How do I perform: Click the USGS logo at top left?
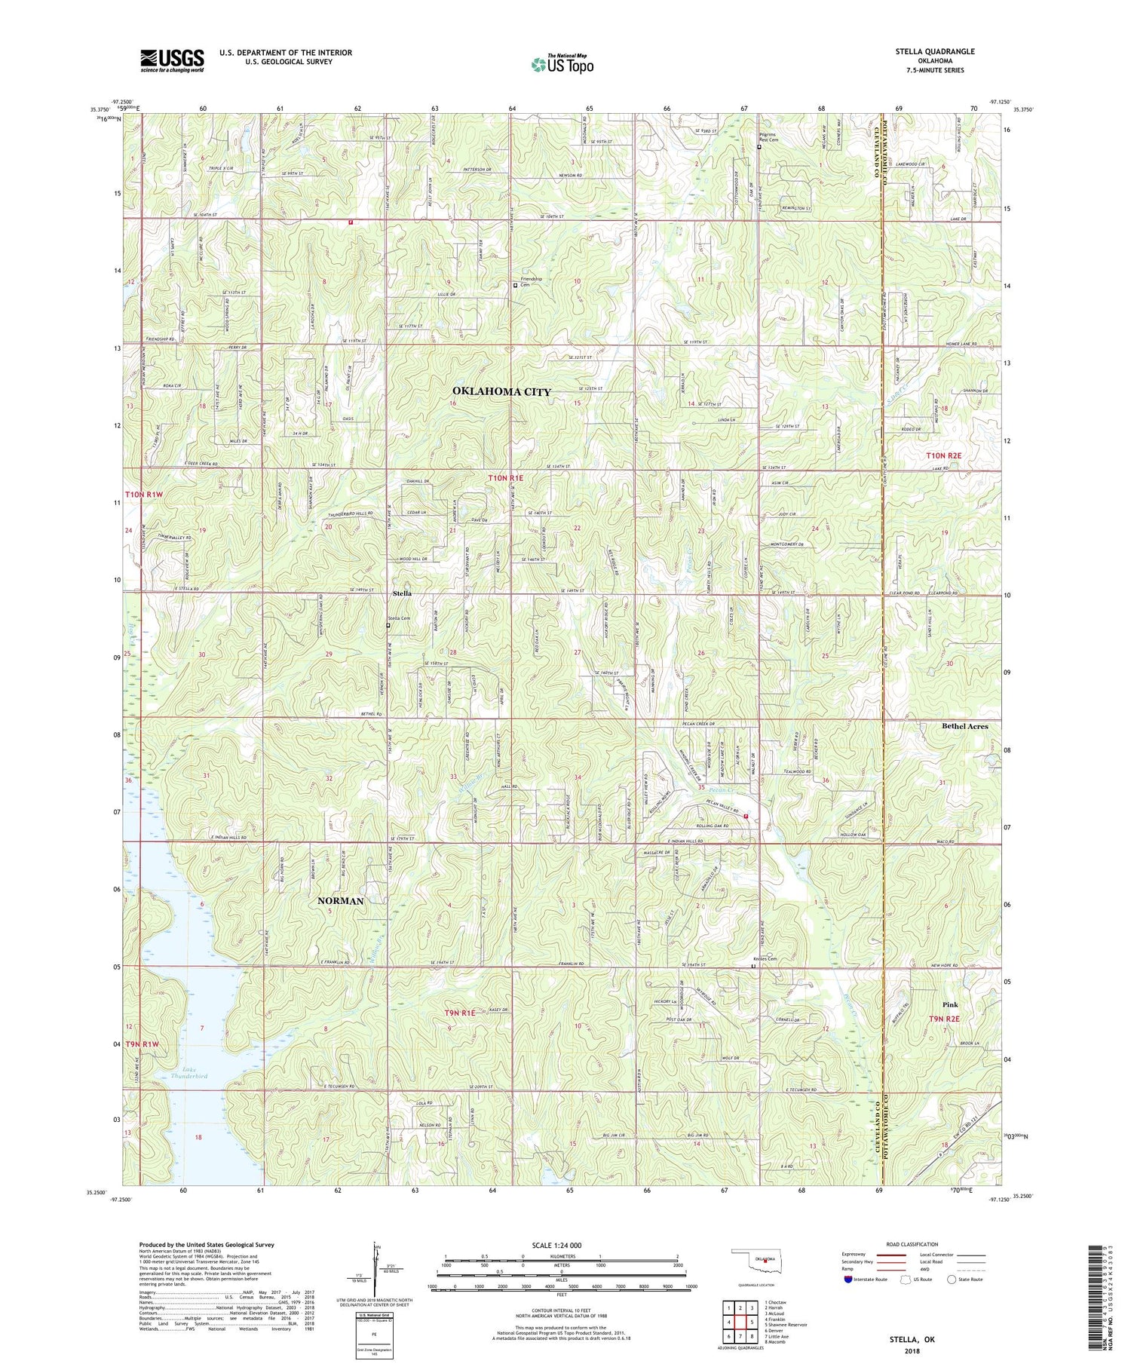tap(172, 60)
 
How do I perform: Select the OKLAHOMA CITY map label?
tap(501, 391)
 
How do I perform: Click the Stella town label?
tap(402, 594)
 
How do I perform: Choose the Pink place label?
tap(950, 1004)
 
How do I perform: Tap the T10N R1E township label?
tap(505, 478)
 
